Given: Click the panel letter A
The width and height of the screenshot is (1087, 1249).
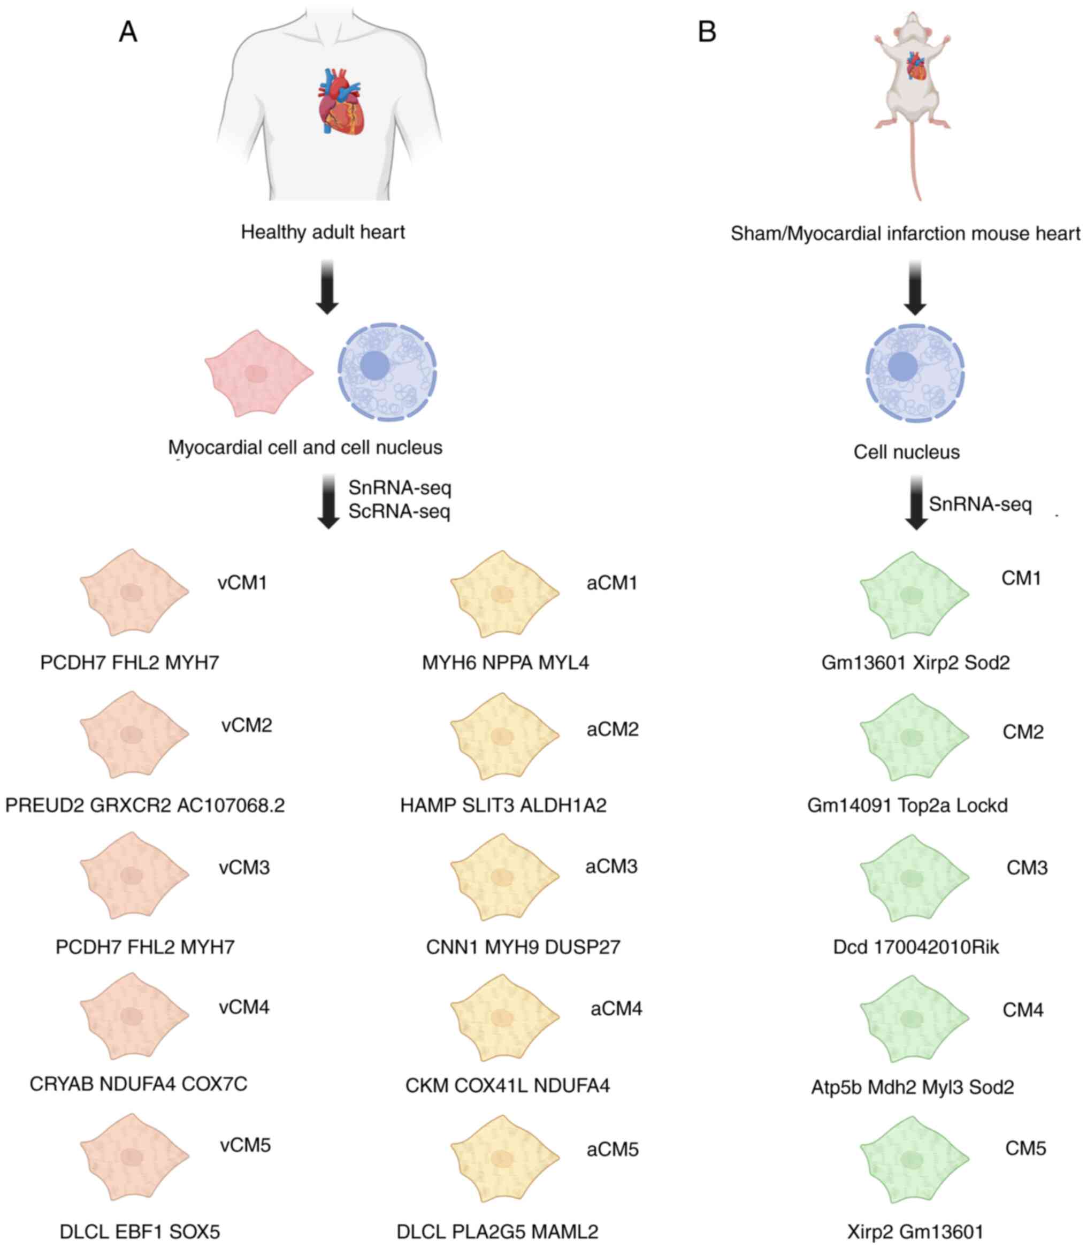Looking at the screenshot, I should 127,32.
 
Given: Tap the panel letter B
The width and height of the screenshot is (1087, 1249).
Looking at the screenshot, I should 707,32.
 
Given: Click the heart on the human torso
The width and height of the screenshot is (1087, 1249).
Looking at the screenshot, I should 341,101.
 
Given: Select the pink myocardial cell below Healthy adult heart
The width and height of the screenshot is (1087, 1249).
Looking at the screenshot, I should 259,373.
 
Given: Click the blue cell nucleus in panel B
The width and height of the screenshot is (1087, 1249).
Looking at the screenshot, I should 915,372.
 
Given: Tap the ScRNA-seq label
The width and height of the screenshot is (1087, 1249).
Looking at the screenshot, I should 399,511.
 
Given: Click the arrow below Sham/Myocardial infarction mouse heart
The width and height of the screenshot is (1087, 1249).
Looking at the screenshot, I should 915,288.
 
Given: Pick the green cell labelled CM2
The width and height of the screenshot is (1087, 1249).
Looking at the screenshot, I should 914,737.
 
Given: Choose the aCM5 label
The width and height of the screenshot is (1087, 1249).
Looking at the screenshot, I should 613,1150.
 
